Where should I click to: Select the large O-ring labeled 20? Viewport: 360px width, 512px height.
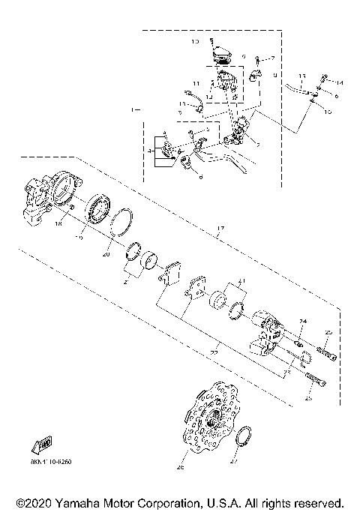click(x=121, y=223)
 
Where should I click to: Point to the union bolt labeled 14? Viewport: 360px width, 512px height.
click(x=324, y=78)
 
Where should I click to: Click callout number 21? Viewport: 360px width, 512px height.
click(x=241, y=283)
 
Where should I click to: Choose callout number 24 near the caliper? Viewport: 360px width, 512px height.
click(x=303, y=322)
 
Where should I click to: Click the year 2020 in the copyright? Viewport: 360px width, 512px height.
click(x=37, y=502)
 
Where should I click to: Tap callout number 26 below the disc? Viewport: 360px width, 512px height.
click(x=181, y=469)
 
